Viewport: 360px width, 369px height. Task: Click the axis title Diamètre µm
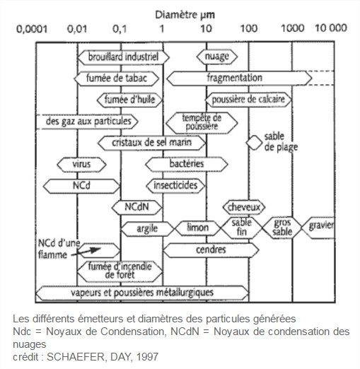pyautogui.click(x=185, y=15)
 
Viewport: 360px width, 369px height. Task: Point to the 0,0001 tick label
pyautogui.click(x=32, y=29)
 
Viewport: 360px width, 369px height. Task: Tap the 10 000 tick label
pyautogui.click(x=331, y=28)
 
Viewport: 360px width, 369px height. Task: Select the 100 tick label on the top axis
pyautogui.click(x=248, y=29)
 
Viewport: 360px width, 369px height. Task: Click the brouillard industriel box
pyautogui.click(x=123, y=57)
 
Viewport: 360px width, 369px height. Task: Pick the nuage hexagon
pyautogui.click(x=217, y=57)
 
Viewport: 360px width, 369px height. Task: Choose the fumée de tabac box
pyautogui.click(x=117, y=78)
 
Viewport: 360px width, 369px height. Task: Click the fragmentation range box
pyautogui.click(x=239, y=78)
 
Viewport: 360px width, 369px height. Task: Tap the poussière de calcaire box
pyautogui.click(x=248, y=100)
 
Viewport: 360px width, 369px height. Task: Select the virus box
pyautogui.click(x=81, y=164)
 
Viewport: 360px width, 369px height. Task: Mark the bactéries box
pyautogui.click(x=187, y=164)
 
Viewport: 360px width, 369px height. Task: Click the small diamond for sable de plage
pyautogui.click(x=254, y=143)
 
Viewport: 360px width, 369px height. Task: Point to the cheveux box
pyautogui.click(x=244, y=207)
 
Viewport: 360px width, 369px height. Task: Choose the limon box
pyautogui.click(x=197, y=228)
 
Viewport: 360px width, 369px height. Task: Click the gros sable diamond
pyautogui.click(x=282, y=228)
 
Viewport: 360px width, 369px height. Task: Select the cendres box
pyautogui.click(x=211, y=250)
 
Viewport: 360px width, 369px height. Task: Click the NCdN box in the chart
pyautogui.click(x=137, y=207)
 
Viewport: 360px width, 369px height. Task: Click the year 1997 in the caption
pyautogui.click(x=147, y=357)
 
